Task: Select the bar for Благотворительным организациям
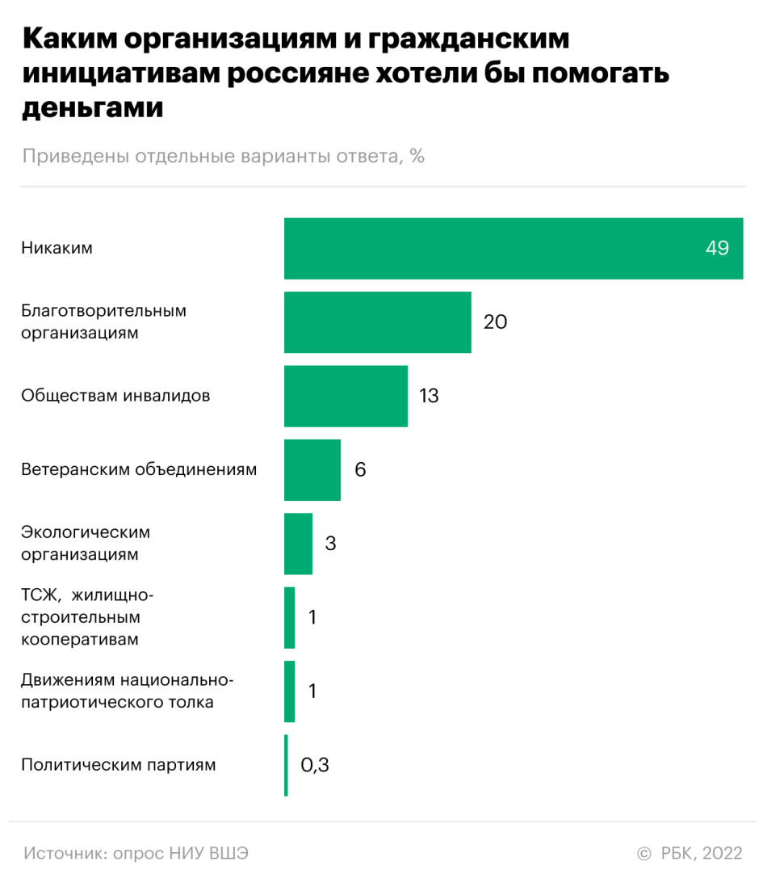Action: (377, 322)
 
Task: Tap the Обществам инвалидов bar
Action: (346, 396)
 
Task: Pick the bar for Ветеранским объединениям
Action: (312, 470)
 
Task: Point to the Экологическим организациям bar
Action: (298, 544)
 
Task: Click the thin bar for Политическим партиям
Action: (286, 765)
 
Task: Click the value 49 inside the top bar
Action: (717, 249)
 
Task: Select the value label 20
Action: (495, 322)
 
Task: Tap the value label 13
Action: (429, 396)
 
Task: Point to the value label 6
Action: (360, 470)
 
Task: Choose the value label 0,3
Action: (315, 765)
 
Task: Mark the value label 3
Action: (330, 544)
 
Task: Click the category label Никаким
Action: (57, 248)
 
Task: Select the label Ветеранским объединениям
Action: (139, 469)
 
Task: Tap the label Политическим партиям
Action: (119, 765)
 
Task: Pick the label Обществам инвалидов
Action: (115, 396)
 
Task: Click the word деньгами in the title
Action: (93, 107)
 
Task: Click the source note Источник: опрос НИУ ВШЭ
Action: (136, 854)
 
